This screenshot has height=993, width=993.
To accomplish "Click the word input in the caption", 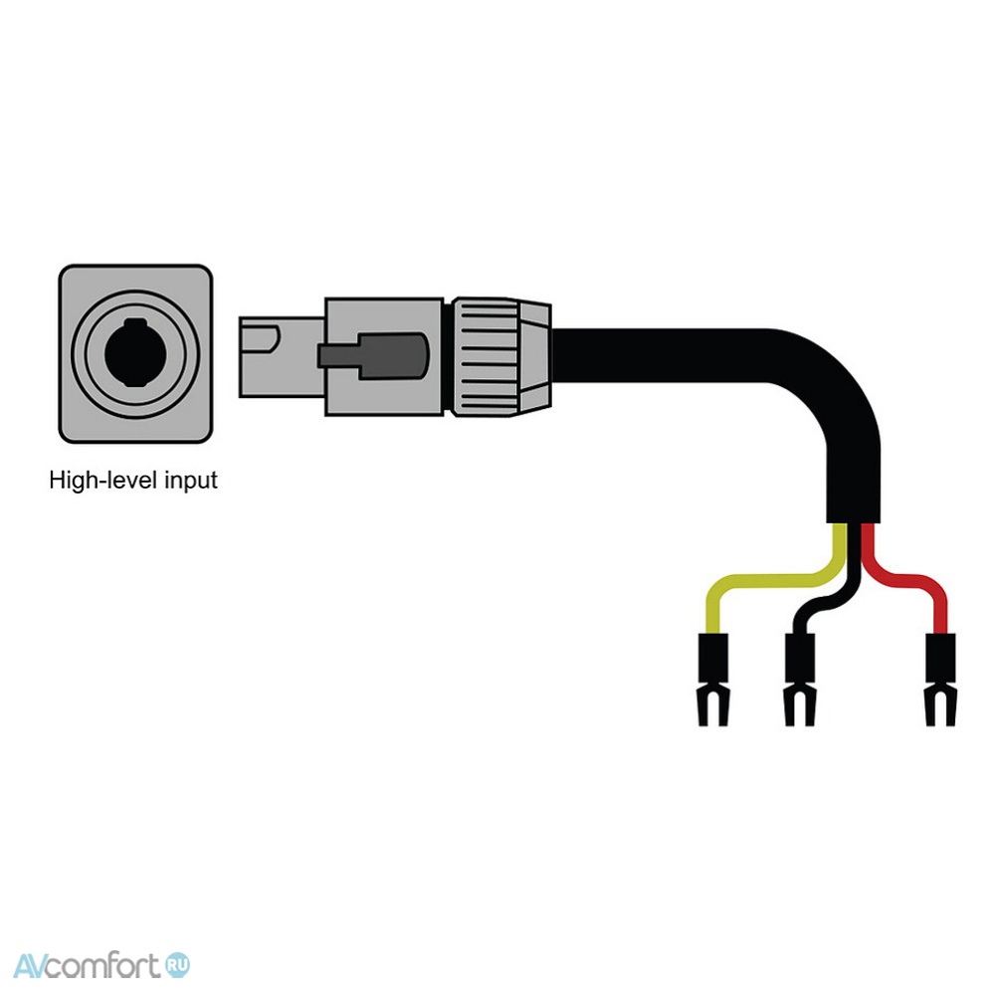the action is [191, 482].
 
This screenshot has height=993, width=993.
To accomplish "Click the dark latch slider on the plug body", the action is [374, 356].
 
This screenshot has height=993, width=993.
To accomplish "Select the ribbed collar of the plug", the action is [486, 356].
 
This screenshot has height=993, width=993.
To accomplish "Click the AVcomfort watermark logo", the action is [101, 966].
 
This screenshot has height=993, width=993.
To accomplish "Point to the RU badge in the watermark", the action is [177, 966].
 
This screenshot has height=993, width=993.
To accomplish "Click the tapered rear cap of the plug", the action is [535, 356].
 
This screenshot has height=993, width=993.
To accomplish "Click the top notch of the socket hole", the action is [134, 322].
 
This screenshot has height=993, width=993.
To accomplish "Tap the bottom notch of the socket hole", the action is [134, 382].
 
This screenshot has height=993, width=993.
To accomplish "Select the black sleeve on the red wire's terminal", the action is [940, 658].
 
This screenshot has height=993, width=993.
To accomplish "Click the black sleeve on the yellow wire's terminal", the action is [713, 658].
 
